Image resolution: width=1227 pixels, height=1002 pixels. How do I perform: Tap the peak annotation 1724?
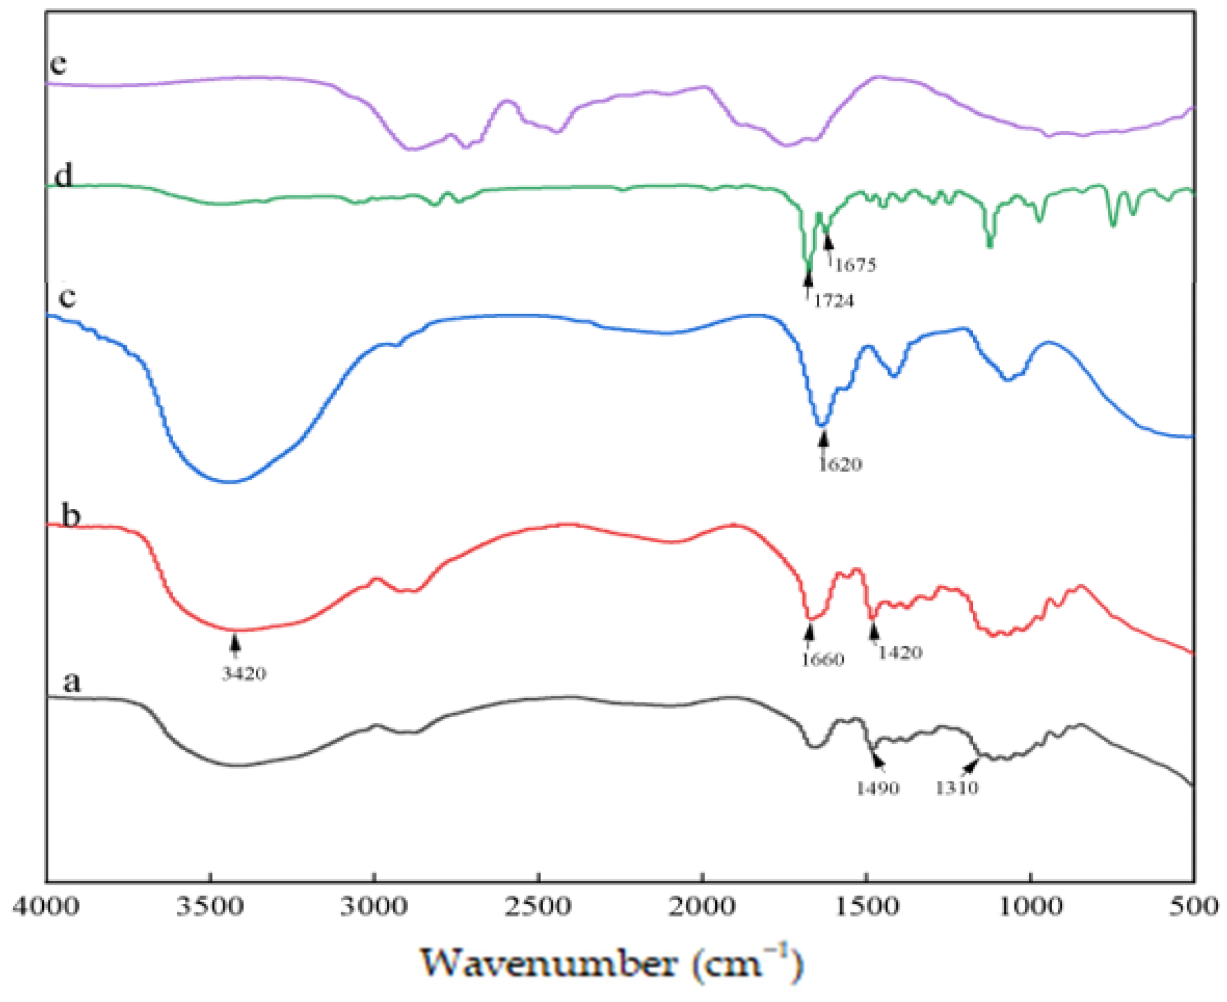834,301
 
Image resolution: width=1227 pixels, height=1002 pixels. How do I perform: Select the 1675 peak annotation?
855,265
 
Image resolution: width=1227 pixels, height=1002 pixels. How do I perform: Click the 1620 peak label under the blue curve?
840,464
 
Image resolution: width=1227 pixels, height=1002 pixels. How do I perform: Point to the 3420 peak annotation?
244,674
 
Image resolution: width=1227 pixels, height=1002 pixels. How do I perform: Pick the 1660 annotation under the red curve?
823,660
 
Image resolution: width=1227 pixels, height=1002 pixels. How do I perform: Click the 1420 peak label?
900,653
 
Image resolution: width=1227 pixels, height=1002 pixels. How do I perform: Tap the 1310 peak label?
956,788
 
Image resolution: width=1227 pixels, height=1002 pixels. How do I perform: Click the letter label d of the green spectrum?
63,175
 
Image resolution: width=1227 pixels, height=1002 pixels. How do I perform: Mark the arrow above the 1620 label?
824,438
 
